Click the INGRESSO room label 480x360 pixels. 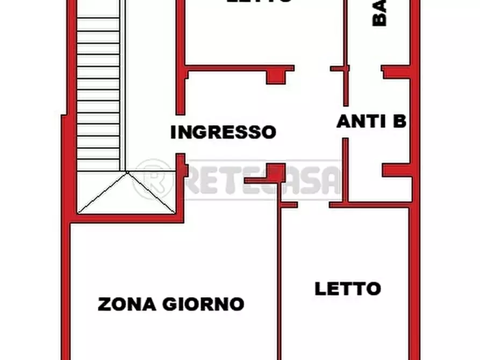point(223,132)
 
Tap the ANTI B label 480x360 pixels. point(371,121)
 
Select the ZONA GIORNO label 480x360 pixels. point(171,304)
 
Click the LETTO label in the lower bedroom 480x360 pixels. point(347,289)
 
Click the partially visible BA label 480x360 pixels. point(379,13)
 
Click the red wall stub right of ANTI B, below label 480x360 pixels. point(397,170)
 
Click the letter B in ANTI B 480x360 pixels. point(399,121)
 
